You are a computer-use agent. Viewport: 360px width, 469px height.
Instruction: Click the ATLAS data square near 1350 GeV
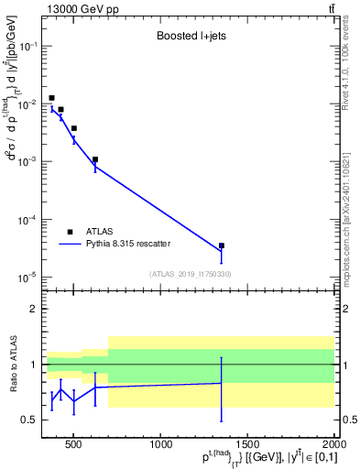pos(222,245)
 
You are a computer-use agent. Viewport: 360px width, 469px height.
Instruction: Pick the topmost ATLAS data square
pos(51,98)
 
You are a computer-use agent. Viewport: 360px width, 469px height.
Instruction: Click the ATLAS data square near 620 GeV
pos(95,159)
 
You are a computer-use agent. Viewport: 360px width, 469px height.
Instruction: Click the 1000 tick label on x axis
pos(161,446)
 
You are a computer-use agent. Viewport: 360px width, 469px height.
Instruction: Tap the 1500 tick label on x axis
pos(247,446)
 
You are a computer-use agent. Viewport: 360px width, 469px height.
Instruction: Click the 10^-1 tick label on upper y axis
pos(27,46)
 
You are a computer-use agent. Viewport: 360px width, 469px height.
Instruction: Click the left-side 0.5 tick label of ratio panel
pos(30,420)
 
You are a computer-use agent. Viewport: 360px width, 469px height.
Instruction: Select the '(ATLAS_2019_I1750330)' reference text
pos(189,274)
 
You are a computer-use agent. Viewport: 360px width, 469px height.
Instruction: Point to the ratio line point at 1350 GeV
pos(222,383)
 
